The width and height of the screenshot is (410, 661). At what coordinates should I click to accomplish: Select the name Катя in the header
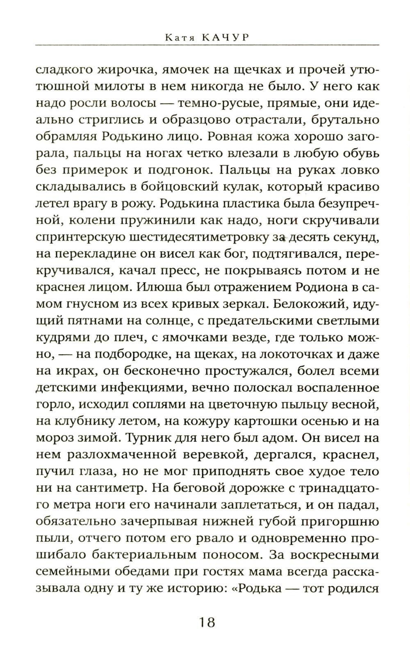tap(177, 38)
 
